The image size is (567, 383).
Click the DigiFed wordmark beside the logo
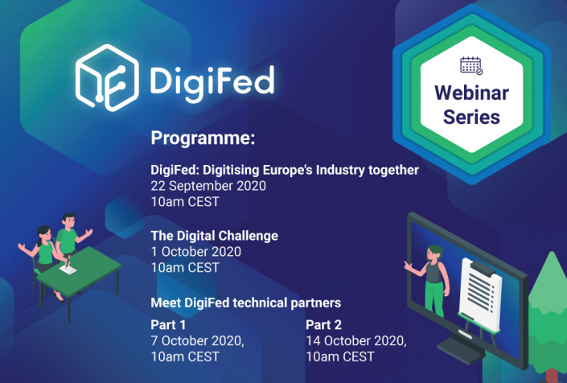click(212, 80)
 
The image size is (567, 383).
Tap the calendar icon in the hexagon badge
click(472, 67)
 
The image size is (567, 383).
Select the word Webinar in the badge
click(472, 93)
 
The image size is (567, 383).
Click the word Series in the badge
click(472, 117)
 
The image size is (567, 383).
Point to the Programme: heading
click(203, 138)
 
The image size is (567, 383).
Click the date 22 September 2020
click(208, 186)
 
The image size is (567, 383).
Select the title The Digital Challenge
click(215, 236)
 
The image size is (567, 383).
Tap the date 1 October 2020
click(196, 251)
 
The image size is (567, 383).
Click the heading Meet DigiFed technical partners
click(246, 303)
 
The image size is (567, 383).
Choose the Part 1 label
click(169, 325)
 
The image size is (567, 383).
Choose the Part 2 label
click(323, 325)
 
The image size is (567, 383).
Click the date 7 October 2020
click(197, 341)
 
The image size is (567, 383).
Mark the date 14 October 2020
click(355, 341)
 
